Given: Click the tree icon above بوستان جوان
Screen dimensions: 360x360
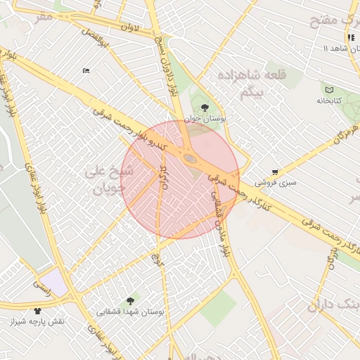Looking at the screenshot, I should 204,108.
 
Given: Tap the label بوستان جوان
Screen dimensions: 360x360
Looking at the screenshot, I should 204,120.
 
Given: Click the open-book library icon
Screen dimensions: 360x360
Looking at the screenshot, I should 328,89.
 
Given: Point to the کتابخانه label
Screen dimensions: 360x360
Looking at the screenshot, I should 328,101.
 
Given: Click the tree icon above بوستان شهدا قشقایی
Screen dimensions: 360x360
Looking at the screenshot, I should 129,300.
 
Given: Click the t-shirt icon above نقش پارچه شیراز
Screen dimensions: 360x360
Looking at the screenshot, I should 37,310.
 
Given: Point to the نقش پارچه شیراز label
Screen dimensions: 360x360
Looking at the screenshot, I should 37,321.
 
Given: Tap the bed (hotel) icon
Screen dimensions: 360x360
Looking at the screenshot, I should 86,70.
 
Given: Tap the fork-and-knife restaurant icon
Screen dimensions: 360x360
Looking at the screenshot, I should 350,37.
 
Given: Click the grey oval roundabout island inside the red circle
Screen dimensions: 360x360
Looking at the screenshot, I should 191,159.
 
